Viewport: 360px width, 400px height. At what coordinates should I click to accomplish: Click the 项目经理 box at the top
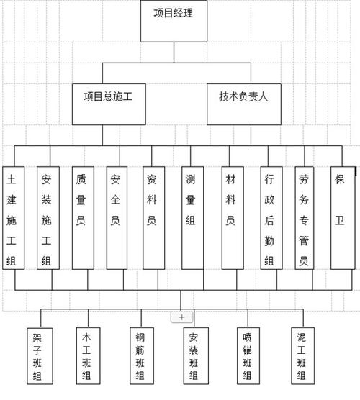(173, 22)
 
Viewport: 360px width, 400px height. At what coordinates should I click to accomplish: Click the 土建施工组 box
(14, 218)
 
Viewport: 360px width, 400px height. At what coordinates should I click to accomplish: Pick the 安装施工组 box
(48, 218)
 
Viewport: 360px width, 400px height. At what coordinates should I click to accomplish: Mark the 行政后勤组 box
(269, 218)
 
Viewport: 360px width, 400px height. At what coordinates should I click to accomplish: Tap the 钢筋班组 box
(140, 355)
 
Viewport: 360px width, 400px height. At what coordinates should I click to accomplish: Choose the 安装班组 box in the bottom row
(194, 355)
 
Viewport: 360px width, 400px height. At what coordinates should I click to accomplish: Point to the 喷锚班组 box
(247, 355)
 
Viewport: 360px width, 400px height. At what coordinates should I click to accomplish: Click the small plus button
(181, 317)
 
